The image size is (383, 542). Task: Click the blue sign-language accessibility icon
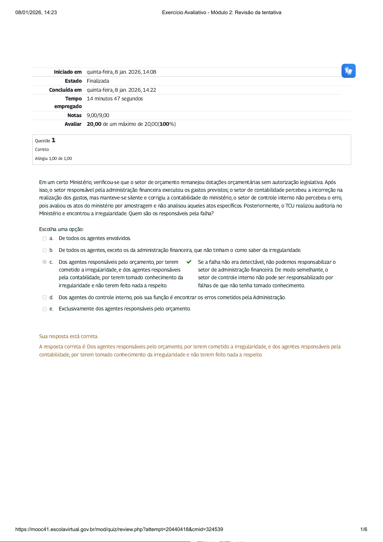click(348, 71)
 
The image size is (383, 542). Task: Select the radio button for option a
click(44, 238)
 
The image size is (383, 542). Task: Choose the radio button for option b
click(44, 250)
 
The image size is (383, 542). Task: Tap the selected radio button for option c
click(44, 262)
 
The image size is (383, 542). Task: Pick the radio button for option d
click(44, 298)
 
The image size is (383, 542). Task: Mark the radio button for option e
click(44, 309)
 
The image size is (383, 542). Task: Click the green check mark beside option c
click(189, 262)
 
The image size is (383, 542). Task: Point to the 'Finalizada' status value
click(98, 81)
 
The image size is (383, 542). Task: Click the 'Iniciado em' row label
click(68, 72)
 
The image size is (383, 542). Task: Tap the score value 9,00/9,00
click(98, 115)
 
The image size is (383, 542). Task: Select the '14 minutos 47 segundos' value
click(114, 99)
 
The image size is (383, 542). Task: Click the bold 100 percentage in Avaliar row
click(164, 124)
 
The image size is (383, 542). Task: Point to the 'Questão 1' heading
click(45, 140)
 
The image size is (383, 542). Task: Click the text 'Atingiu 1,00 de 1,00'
click(53, 159)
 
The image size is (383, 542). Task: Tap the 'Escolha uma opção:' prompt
click(61, 229)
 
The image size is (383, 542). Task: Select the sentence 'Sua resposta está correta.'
click(68, 336)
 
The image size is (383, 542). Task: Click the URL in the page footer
click(119, 529)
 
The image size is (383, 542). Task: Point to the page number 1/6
click(364, 529)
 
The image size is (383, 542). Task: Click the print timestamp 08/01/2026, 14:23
click(36, 13)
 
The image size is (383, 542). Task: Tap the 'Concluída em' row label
click(65, 90)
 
